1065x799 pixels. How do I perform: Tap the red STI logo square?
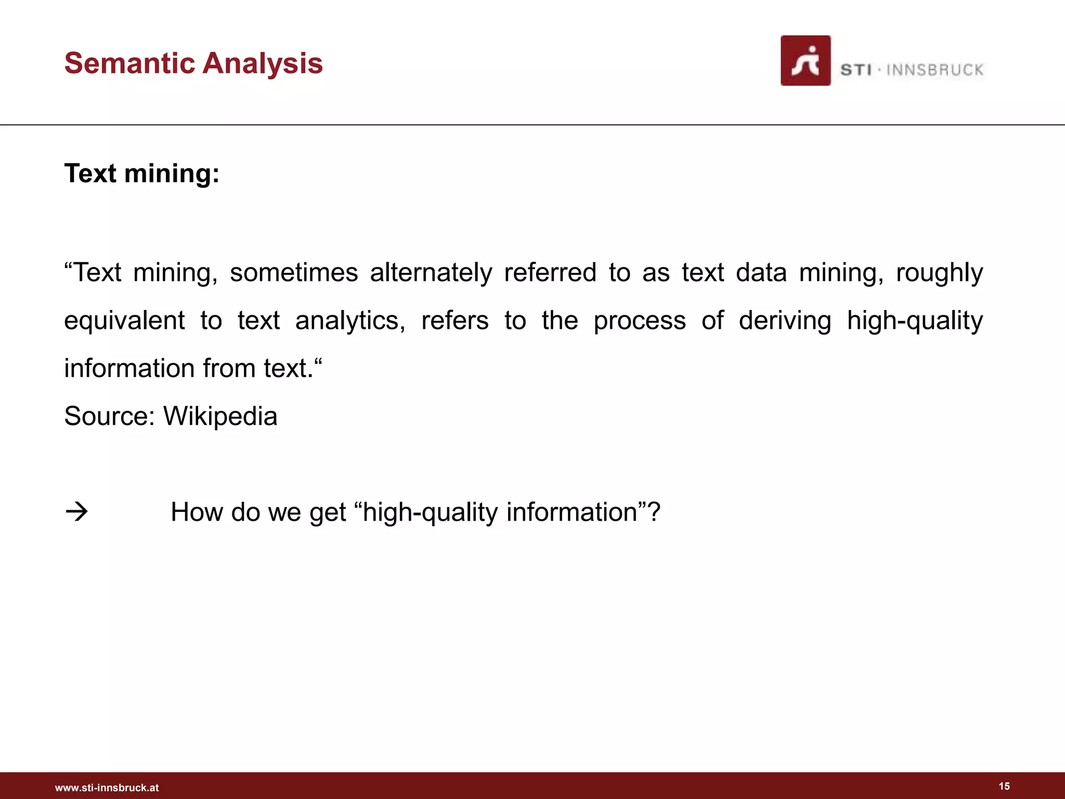(x=805, y=60)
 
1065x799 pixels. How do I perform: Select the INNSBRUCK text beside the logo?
(x=934, y=70)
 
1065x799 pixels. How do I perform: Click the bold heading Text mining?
(x=141, y=173)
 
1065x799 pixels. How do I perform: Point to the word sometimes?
(x=294, y=273)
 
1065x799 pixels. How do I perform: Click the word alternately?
(x=431, y=273)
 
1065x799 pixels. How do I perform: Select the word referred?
(x=550, y=273)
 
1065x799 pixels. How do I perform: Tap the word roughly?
(x=939, y=273)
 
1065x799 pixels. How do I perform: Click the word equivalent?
(x=124, y=320)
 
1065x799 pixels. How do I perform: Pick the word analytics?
(x=350, y=320)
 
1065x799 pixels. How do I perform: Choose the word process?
(x=640, y=320)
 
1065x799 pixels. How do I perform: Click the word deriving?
(x=785, y=320)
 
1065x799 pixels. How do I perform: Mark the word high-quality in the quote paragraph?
(x=915, y=320)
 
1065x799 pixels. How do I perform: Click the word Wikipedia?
(x=220, y=416)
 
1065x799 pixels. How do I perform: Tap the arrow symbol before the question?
(x=76, y=512)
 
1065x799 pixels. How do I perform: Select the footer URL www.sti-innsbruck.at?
(x=107, y=788)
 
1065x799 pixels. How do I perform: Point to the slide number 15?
(x=1004, y=786)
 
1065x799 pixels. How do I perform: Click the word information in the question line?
(x=572, y=512)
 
